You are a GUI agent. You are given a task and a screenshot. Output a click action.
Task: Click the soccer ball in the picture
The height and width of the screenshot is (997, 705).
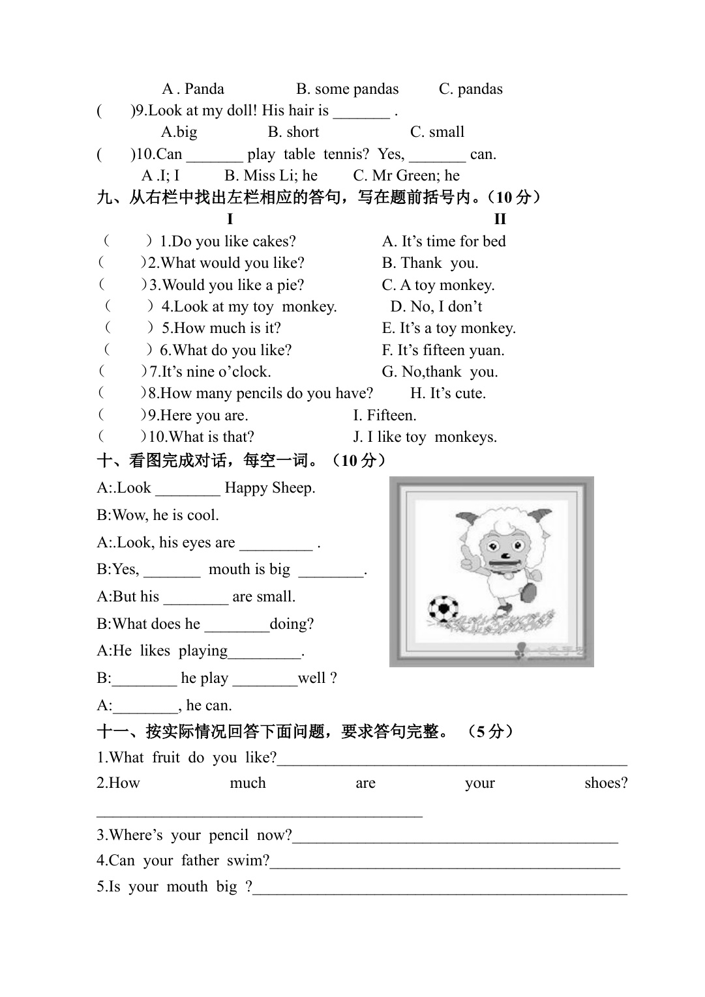(x=443, y=610)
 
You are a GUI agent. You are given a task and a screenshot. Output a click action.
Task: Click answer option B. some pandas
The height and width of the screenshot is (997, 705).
(x=347, y=89)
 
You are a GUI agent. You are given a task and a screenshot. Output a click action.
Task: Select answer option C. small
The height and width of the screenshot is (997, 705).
(x=437, y=132)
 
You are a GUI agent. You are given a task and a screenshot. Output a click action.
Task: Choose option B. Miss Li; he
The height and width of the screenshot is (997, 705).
(x=271, y=176)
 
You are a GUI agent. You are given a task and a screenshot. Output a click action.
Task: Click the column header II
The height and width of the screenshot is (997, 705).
(x=500, y=219)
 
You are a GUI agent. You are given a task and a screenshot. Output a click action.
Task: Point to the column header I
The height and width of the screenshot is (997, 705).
(x=230, y=219)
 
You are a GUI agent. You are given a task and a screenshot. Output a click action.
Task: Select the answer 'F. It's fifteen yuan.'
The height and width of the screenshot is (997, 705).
(x=443, y=351)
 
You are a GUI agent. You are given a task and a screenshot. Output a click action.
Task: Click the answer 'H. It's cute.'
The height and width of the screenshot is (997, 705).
(x=447, y=394)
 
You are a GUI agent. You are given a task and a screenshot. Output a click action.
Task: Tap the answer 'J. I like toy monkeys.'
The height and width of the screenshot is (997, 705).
(x=425, y=437)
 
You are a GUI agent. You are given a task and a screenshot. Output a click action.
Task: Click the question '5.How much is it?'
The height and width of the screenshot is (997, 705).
(x=221, y=328)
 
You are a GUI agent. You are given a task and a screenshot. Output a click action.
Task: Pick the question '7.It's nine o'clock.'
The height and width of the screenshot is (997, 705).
(x=209, y=372)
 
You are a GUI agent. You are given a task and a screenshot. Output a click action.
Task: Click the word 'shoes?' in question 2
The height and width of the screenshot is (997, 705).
(x=606, y=783)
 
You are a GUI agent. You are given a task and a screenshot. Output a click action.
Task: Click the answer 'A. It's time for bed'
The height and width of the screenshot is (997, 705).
(x=443, y=242)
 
